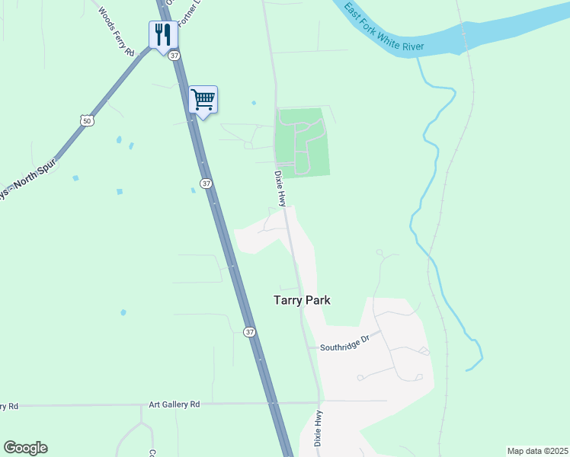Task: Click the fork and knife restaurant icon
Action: (163, 34)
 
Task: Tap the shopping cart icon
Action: (203, 99)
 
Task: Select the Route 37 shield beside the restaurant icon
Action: (175, 56)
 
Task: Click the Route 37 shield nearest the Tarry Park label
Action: (249, 332)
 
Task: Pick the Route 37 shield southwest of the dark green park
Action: (206, 184)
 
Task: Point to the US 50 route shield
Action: (88, 121)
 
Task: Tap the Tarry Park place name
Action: (302, 300)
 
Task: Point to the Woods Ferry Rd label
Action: (116, 30)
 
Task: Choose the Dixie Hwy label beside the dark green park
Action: (280, 188)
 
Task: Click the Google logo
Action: (26, 448)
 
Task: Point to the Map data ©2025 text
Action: (536, 451)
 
